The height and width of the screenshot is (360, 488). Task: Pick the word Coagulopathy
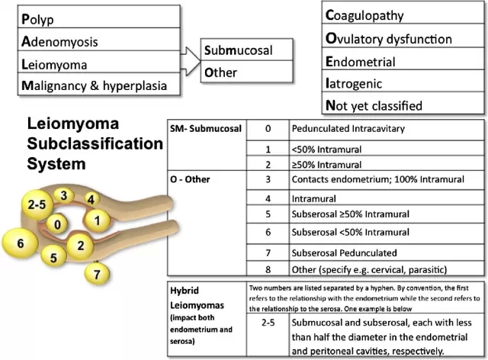pos(364,15)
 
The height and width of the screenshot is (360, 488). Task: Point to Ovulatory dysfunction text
pos(388,38)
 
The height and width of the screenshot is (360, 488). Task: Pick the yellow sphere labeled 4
pos(90,200)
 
